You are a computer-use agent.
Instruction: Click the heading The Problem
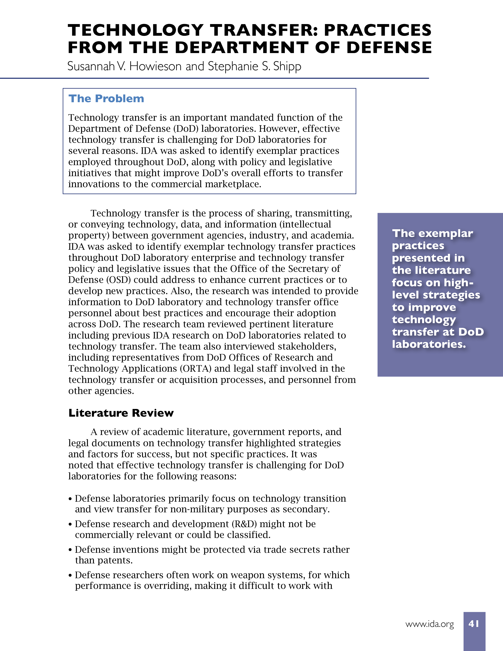[106, 99]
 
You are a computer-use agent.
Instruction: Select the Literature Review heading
[121, 413]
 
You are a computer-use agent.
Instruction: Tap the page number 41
[474, 624]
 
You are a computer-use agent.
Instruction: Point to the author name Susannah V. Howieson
[124, 66]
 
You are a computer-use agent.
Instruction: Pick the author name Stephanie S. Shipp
[254, 66]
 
